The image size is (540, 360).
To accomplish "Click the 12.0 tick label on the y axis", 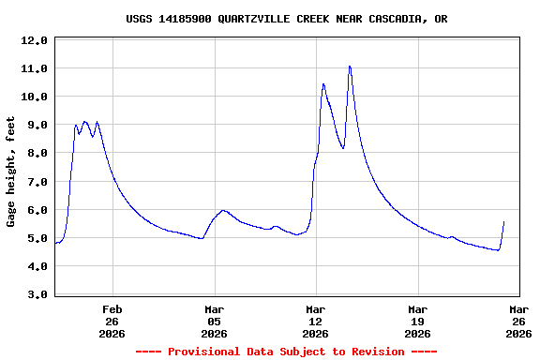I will pos(34,41).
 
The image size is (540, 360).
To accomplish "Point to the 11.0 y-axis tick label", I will pos(34,69).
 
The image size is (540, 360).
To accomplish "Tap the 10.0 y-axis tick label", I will pos(34,97).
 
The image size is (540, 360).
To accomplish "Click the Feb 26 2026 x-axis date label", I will pos(112,320).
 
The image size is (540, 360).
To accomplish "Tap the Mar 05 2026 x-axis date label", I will pos(214,320).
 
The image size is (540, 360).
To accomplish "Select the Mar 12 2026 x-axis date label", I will pos(316,320).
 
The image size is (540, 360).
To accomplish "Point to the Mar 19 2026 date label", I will pos(417,320).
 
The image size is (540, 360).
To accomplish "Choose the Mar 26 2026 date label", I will pos(518,320).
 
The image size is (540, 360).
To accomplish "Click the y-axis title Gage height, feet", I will pos(11,172).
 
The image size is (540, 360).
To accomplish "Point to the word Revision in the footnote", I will pos(374,352).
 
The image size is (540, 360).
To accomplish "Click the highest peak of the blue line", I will pos(350,67).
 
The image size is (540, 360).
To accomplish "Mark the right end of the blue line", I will pos(503,222).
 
